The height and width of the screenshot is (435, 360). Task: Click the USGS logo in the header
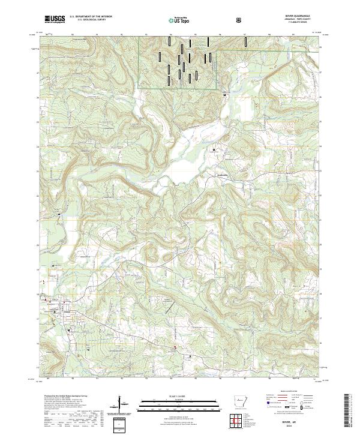pyautogui.click(x=55, y=20)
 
